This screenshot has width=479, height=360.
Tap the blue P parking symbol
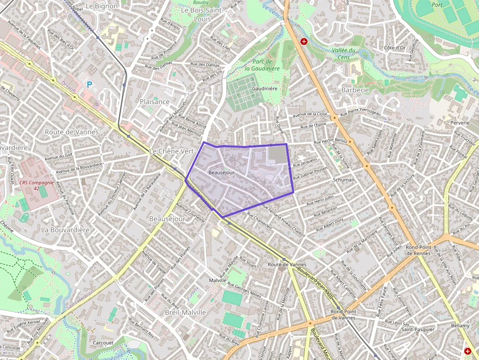[x=89, y=85]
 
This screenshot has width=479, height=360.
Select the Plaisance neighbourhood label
[x=154, y=102]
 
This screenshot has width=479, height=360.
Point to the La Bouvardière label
[x=65, y=230]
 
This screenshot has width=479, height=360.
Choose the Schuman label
[x=344, y=180]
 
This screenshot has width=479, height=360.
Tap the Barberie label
[x=355, y=90]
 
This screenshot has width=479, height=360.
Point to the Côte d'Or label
[x=395, y=48]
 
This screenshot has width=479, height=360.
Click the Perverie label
[x=460, y=123]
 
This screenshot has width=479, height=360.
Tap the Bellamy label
[x=460, y=325]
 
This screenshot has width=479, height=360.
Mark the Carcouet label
[x=103, y=343]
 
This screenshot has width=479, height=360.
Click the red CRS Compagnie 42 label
[x=36, y=185]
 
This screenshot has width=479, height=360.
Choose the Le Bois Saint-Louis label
[x=202, y=14]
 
